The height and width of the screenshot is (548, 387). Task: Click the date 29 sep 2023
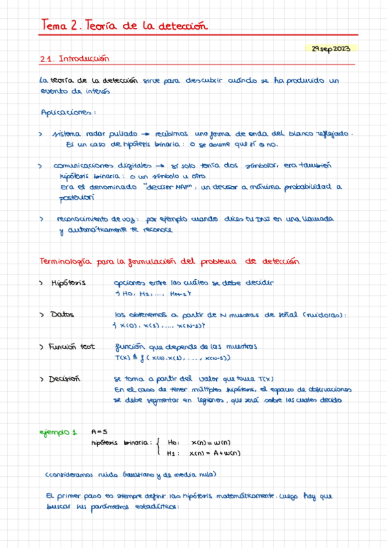click(x=330, y=48)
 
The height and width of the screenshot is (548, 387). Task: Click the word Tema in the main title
click(x=54, y=26)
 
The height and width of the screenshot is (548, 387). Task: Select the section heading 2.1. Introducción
click(x=75, y=58)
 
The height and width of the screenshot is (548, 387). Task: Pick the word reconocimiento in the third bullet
click(x=84, y=219)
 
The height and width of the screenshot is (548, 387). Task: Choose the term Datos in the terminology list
click(x=62, y=315)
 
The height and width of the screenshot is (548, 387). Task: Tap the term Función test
click(x=71, y=347)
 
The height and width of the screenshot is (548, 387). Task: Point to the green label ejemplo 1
click(x=58, y=432)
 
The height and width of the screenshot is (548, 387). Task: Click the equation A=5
click(x=100, y=432)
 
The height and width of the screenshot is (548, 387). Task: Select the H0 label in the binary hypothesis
click(x=172, y=443)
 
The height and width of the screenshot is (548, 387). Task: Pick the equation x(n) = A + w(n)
click(x=216, y=453)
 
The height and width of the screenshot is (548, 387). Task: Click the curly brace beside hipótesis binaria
click(x=158, y=448)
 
